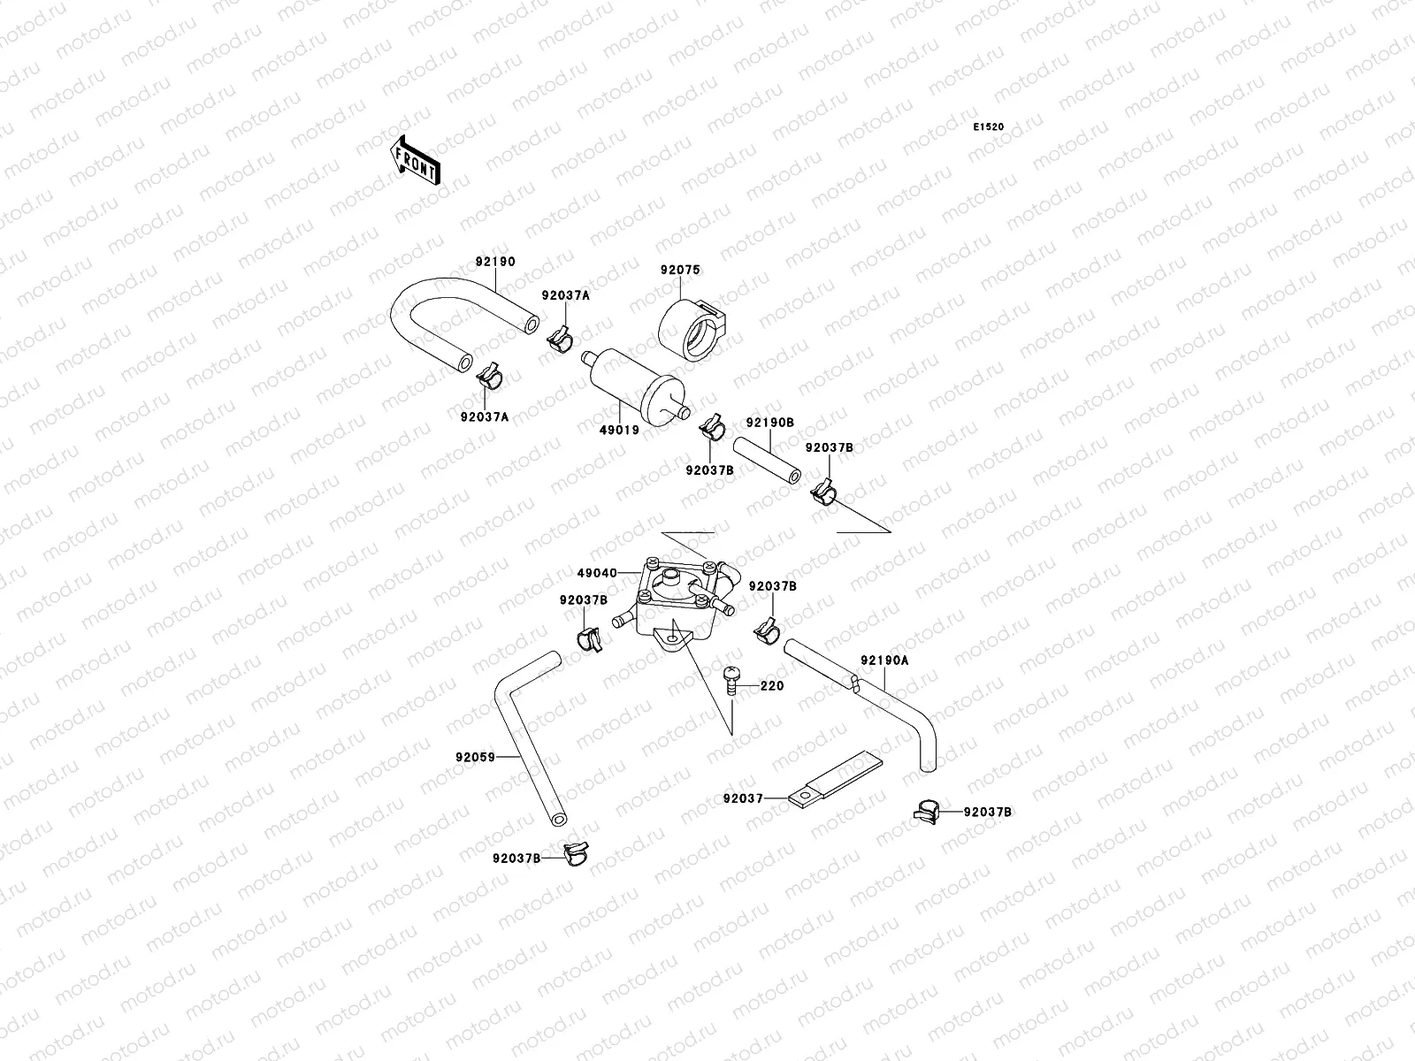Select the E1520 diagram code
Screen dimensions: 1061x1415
989,127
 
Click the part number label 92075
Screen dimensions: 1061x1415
678,269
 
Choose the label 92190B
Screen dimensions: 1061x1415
769,423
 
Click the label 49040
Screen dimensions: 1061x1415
598,573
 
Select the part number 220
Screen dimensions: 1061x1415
771,685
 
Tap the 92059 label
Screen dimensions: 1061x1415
474,757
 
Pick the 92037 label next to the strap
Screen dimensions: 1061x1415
743,798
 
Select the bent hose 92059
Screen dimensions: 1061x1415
531,743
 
